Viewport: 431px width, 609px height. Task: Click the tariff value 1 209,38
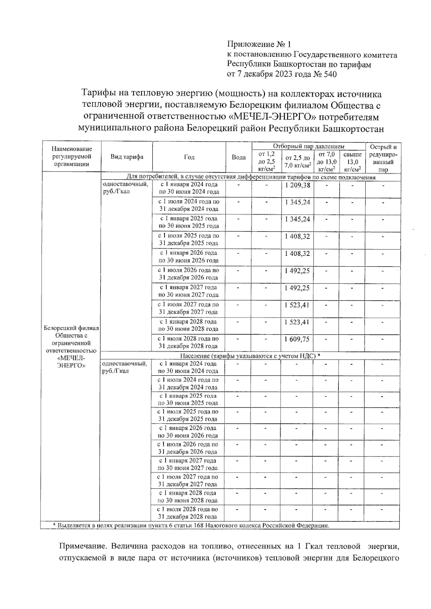coord(297,185)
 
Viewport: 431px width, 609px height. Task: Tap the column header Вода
coord(239,157)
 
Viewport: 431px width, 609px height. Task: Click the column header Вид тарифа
coord(127,157)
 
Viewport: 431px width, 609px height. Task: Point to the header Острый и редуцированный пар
coord(383,158)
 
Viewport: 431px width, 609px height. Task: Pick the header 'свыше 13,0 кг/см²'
coord(352,161)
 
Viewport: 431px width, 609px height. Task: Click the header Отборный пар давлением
coord(309,146)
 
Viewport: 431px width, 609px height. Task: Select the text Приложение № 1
coord(258,44)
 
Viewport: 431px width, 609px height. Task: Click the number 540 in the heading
coord(330,74)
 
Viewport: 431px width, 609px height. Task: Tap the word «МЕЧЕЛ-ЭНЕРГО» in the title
coord(272,117)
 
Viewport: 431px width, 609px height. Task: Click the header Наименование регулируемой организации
coord(71,156)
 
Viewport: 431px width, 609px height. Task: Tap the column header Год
coord(189,157)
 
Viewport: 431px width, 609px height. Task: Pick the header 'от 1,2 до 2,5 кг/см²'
coord(267,161)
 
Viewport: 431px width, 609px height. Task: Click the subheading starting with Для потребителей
coord(251,177)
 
